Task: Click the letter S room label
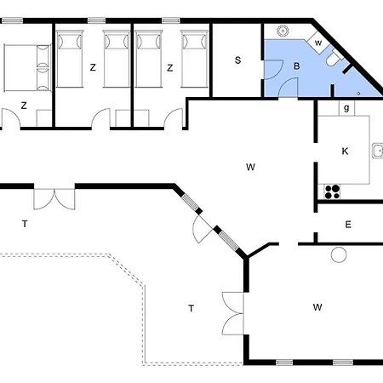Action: coord(237,60)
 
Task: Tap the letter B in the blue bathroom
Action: coord(297,66)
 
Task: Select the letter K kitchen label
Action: coord(345,151)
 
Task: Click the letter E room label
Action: coord(348,225)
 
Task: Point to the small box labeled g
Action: coord(346,108)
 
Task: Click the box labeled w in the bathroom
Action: coord(318,43)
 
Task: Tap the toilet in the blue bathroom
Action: coord(334,58)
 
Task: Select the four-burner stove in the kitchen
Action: coord(332,191)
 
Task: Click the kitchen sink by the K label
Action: coord(378,151)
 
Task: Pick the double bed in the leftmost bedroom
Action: coord(27,68)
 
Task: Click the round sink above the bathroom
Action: coord(283,31)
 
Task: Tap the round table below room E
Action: coord(339,254)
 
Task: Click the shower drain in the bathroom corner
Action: coord(358,94)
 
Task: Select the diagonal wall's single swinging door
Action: coord(202,229)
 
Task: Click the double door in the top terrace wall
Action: coord(54,197)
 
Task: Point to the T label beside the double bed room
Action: coord(25,224)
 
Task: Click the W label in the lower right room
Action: coord(317,307)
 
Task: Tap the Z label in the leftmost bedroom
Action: coord(24,106)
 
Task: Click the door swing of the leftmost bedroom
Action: coord(11,118)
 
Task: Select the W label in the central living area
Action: coord(250,167)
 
